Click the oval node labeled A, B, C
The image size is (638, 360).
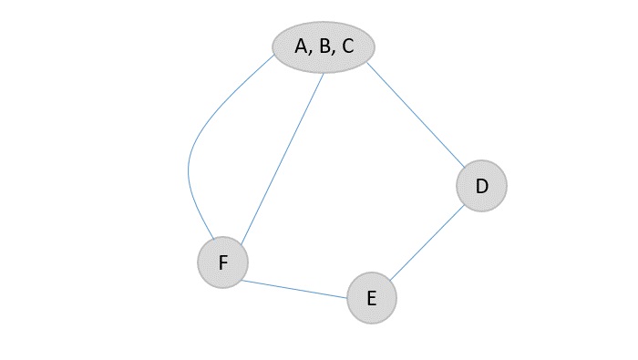click(x=324, y=46)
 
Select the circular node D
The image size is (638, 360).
click(x=481, y=187)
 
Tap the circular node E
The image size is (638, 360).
click(x=372, y=298)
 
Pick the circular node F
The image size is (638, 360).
click(x=222, y=263)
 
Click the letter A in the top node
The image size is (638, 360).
click(x=302, y=46)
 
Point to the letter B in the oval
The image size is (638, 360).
click(x=324, y=46)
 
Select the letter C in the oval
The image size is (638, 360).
click(x=347, y=46)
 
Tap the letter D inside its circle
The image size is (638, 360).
click(x=482, y=187)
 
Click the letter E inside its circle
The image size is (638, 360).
click(x=371, y=298)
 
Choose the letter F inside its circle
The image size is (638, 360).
click(x=222, y=263)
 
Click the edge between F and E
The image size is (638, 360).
click(x=293, y=288)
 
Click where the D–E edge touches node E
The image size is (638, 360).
click(x=389, y=281)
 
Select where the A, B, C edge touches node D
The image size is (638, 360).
click(x=465, y=169)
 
